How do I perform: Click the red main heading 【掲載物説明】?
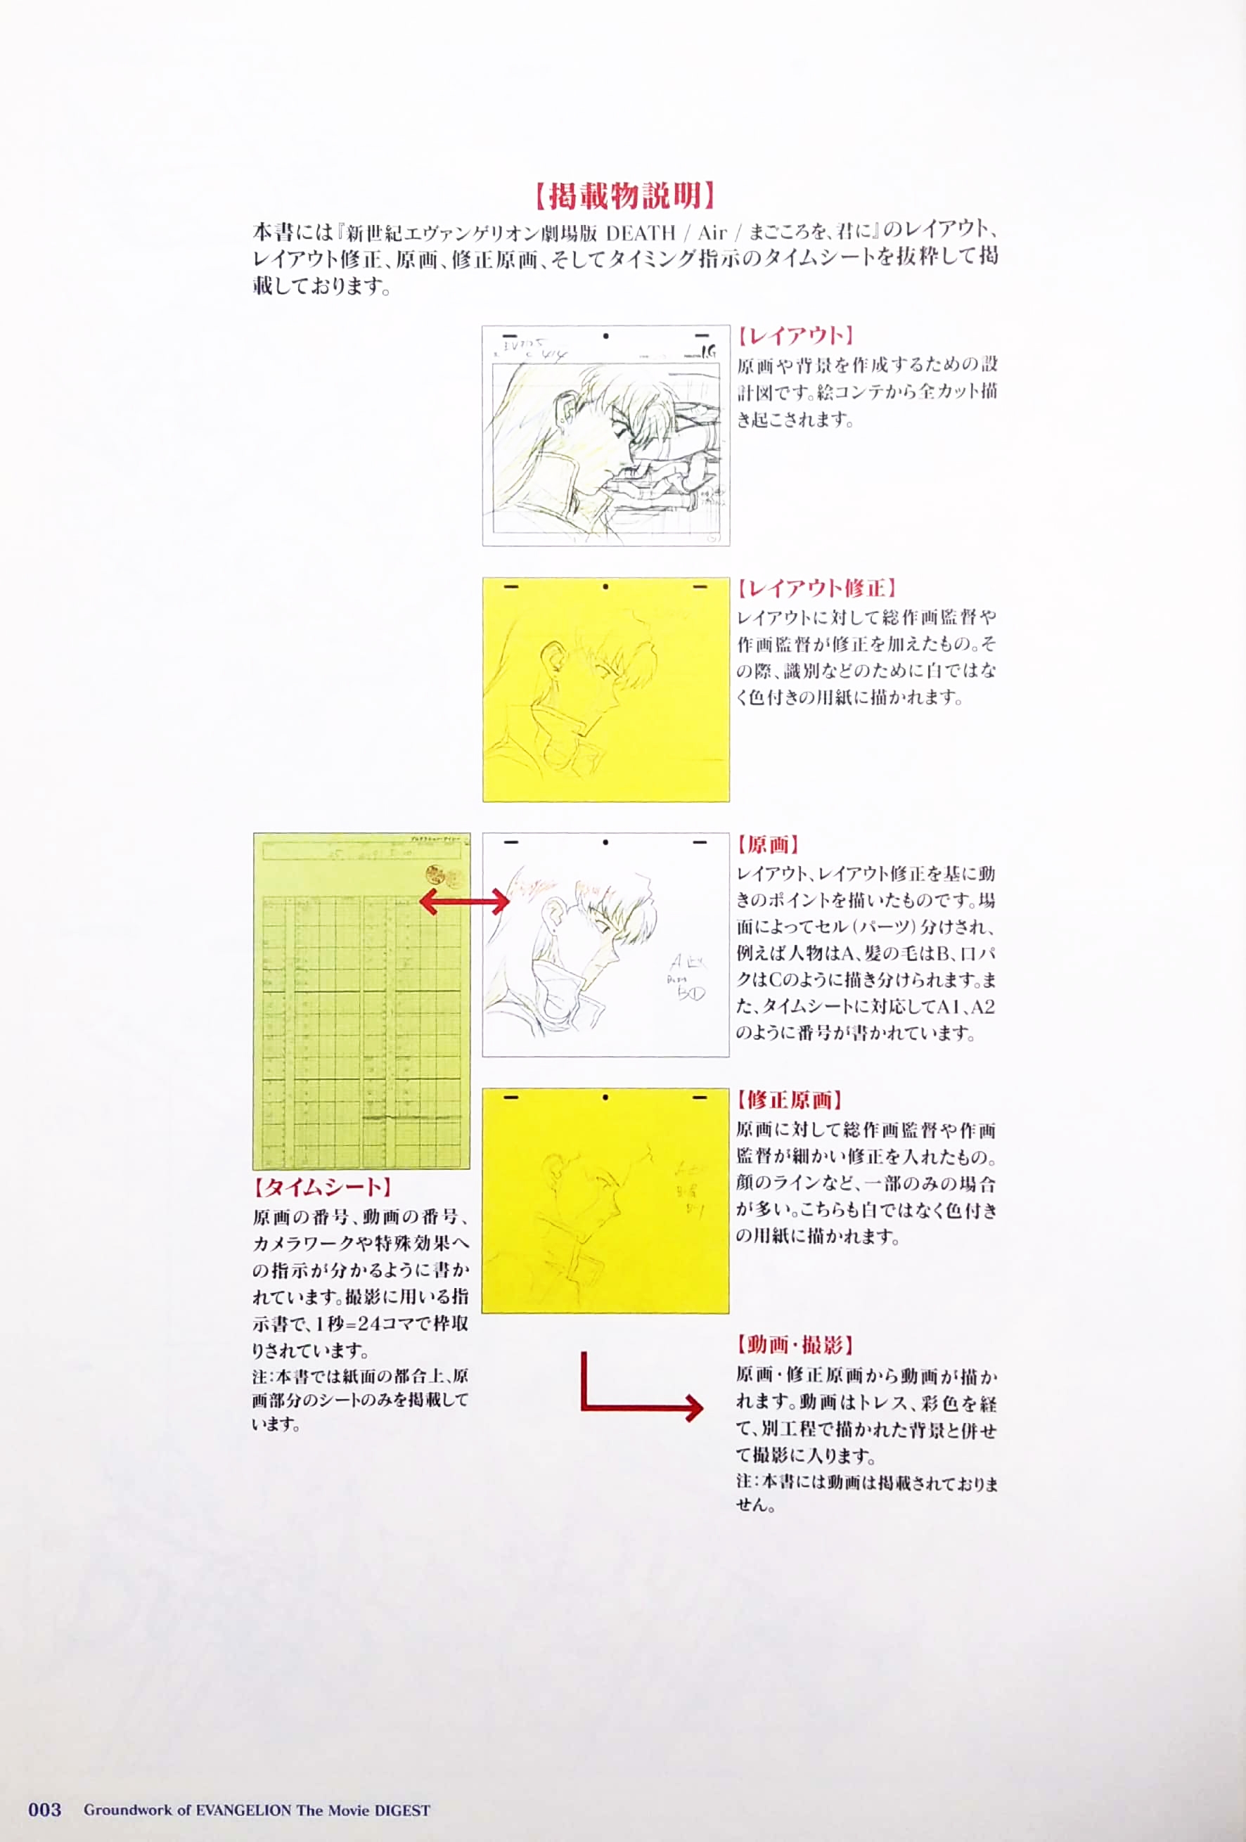click(623, 195)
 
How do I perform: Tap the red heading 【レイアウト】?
click(793, 336)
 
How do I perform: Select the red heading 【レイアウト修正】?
click(816, 588)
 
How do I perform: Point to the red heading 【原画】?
click(767, 844)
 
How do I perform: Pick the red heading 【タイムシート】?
click(323, 1187)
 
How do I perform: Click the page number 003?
click(44, 1810)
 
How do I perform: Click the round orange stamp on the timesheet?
click(436, 875)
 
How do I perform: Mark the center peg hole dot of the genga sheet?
click(605, 842)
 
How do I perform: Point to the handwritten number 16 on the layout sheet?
click(708, 351)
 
